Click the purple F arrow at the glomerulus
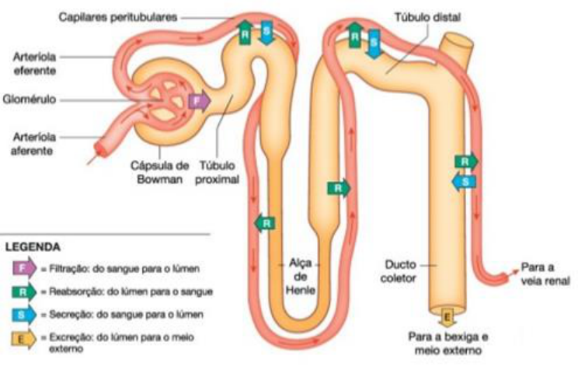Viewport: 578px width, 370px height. (x=198, y=101)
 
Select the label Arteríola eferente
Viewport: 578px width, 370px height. (x=33, y=63)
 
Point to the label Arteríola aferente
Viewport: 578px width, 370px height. (x=33, y=143)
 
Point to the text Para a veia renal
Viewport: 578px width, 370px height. (x=545, y=272)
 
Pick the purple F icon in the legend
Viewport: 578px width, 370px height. (x=22, y=268)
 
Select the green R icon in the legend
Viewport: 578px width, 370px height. (x=22, y=291)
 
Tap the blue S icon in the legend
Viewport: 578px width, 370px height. (x=22, y=314)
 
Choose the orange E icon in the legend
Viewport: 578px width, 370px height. (x=22, y=338)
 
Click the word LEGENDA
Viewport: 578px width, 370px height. (x=33, y=247)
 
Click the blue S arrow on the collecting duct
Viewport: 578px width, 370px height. (x=464, y=180)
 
